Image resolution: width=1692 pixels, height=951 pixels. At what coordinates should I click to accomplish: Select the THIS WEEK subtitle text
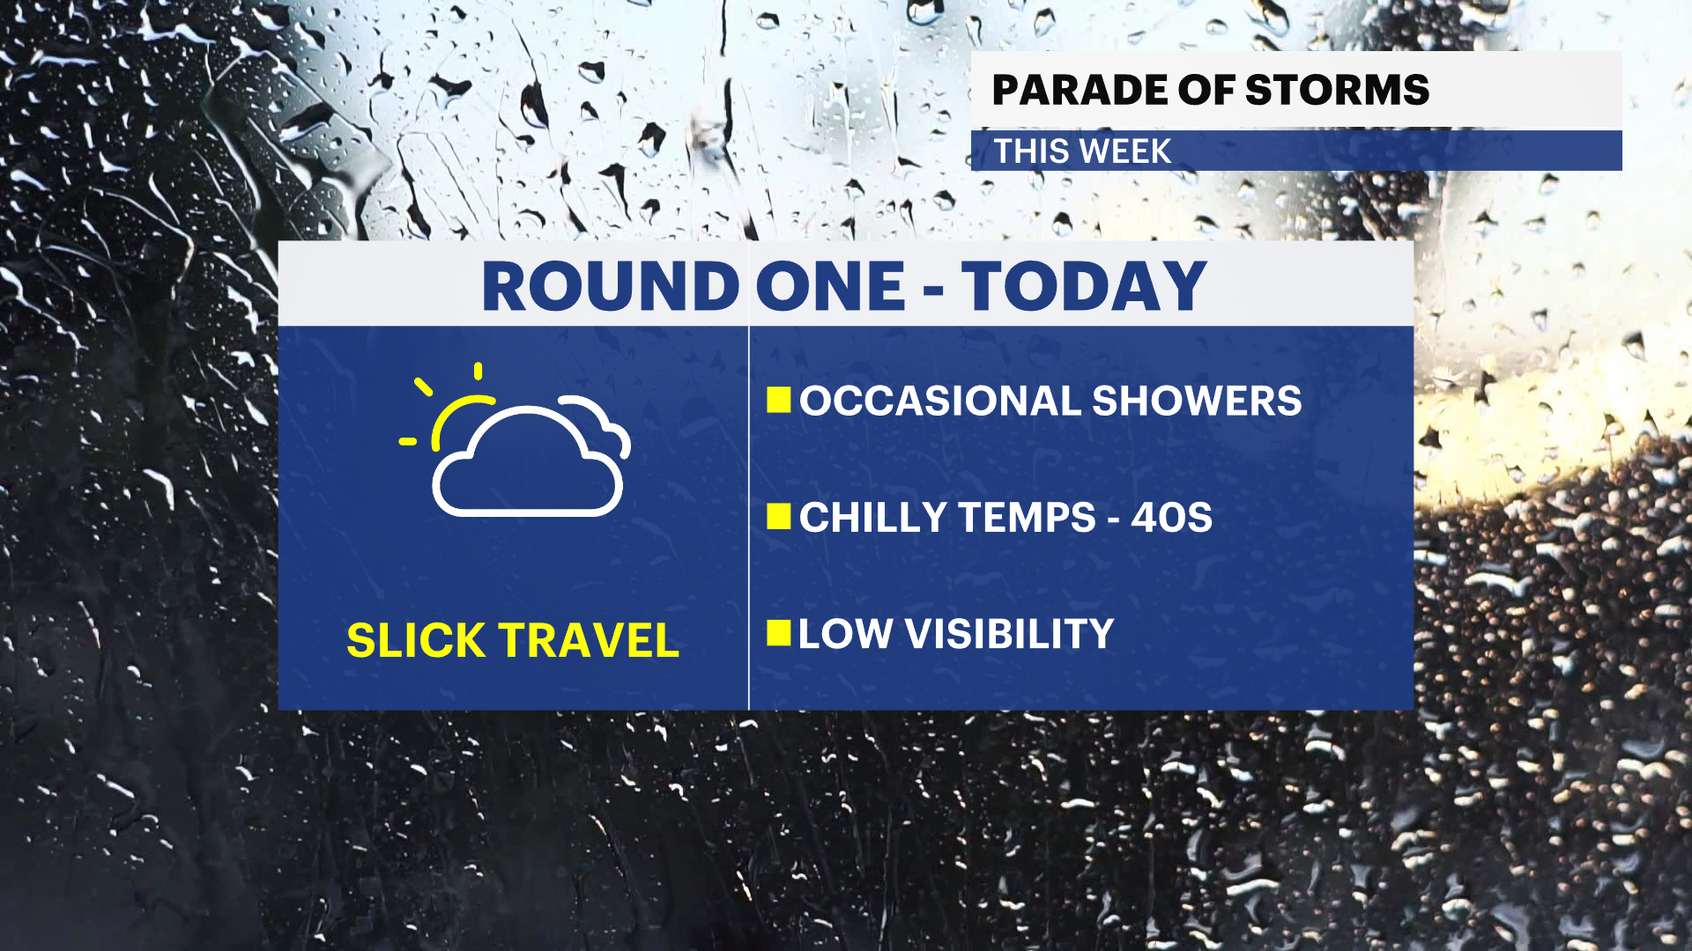[1083, 151]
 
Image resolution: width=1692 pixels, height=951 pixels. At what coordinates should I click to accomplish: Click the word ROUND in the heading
[610, 286]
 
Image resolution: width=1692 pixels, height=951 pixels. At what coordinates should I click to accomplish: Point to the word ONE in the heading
[830, 286]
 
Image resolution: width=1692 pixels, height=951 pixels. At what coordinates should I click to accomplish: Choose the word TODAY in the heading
[1084, 286]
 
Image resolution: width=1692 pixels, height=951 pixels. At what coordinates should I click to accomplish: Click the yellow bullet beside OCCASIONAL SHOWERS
[779, 400]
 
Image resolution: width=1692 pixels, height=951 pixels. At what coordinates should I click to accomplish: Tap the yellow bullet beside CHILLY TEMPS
[779, 517]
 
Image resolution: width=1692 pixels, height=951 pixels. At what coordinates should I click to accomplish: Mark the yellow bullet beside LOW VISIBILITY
[779, 633]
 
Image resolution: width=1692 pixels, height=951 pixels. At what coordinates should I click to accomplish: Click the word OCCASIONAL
[940, 401]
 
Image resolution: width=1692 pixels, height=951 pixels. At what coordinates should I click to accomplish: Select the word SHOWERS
[1197, 401]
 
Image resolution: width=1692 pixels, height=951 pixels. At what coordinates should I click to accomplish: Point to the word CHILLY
[873, 517]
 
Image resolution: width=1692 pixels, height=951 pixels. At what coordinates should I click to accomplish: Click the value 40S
[1172, 517]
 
